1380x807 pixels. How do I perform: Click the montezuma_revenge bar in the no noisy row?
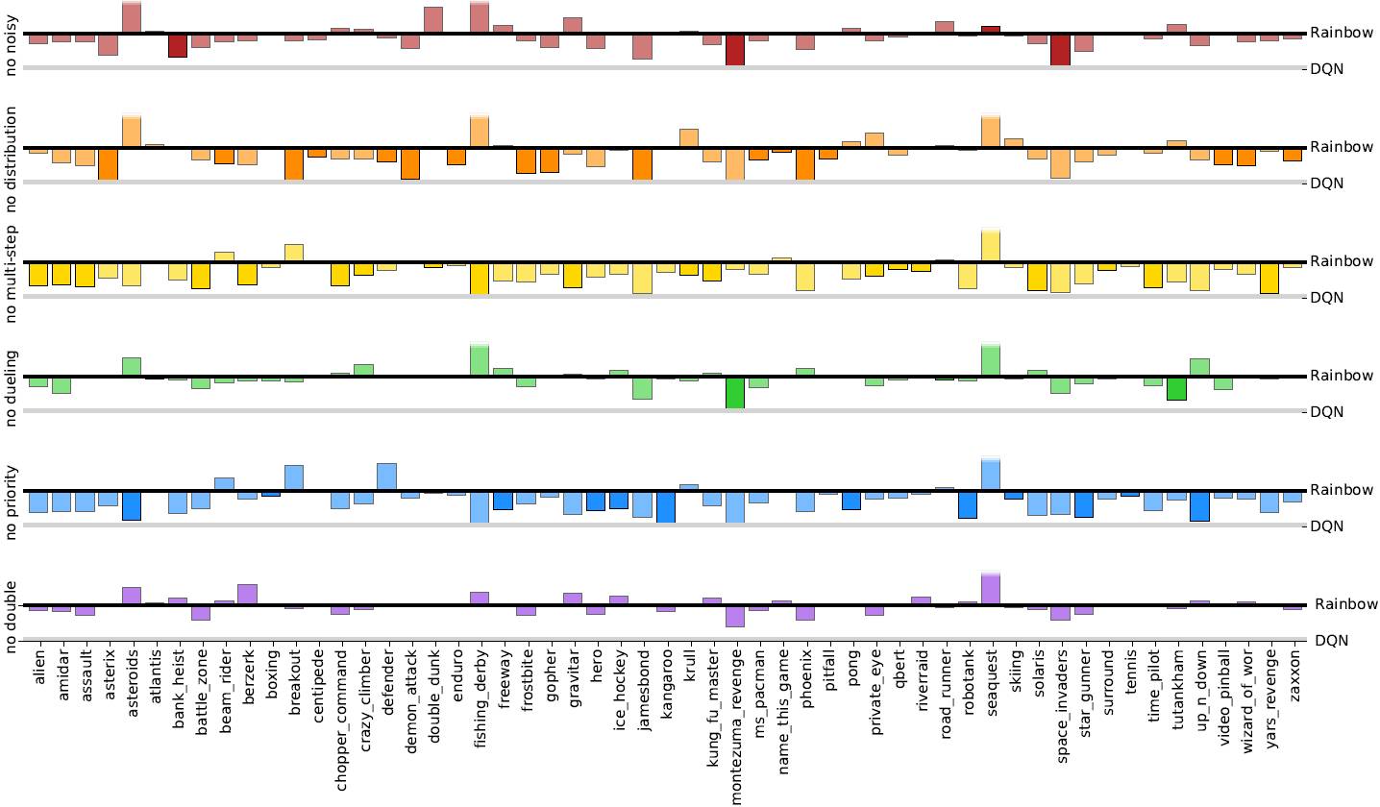point(735,50)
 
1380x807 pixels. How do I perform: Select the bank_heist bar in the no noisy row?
point(178,45)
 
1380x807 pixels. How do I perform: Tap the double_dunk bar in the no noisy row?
point(433,20)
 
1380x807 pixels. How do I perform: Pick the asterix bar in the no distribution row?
point(108,163)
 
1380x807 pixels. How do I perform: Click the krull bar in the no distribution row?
point(688,137)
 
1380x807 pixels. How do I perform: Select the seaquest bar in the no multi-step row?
point(991,245)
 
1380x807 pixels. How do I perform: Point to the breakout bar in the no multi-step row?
point(294,253)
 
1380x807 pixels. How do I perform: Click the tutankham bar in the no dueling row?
point(1176,388)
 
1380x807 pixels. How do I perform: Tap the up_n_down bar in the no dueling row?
point(1199,367)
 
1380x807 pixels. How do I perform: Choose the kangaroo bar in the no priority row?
point(665,506)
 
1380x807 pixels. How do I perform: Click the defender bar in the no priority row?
point(387,477)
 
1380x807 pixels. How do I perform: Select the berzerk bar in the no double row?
point(247,594)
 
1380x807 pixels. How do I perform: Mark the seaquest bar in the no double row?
point(991,589)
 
